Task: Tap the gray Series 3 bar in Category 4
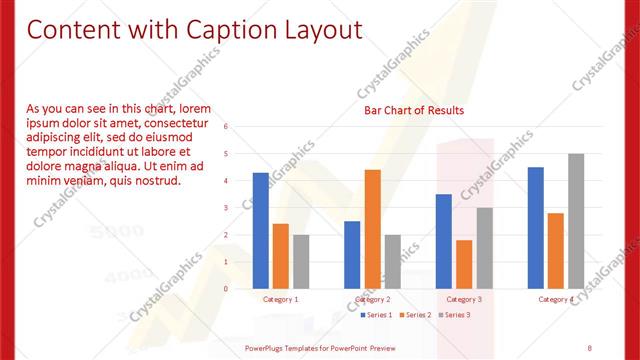point(576,221)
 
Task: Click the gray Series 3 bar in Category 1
point(301,262)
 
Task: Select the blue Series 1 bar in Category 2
point(352,255)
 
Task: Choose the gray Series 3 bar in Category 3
point(484,248)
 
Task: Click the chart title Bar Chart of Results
point(413,110)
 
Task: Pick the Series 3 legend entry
point(453,314)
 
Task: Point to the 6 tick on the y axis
point(226,127)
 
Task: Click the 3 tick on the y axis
point(226,208)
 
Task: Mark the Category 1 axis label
point(280,299)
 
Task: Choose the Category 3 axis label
point(464,299)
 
